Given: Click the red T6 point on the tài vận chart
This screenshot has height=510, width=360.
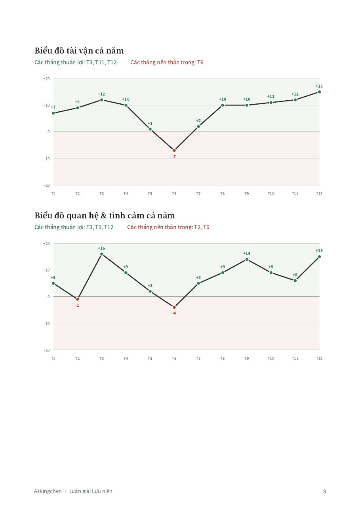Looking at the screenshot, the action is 174,150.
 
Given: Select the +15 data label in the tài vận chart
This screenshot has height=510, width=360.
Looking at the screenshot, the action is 319,86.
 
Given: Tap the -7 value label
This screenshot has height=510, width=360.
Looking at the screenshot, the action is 174,157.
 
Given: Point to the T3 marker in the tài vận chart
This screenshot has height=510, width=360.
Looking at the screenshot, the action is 102,100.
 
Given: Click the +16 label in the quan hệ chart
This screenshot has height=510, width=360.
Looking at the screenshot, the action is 101,248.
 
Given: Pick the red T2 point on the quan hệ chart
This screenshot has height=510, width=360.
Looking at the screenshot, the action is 77,299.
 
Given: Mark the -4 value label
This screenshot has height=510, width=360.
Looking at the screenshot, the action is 174,313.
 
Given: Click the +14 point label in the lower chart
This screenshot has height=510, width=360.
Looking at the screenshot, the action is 246,253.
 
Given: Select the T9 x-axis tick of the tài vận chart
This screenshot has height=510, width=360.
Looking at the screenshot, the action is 246,193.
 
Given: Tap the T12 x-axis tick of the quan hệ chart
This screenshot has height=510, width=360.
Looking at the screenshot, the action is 319,358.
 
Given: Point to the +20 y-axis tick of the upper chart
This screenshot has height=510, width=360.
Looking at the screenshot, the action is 46,79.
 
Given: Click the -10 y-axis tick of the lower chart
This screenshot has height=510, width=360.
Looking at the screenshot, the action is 47,323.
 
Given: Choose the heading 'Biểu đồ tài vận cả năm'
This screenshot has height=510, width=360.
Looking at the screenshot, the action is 79,51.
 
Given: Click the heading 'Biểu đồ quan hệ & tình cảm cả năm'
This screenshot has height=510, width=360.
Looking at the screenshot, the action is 105,216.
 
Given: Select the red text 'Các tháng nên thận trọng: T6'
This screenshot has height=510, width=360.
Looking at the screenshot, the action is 167,62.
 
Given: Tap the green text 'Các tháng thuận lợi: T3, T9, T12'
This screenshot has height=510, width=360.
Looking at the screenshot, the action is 74,227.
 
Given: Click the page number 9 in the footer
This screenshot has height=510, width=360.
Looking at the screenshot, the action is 324,491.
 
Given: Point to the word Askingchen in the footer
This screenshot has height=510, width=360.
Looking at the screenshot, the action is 48,491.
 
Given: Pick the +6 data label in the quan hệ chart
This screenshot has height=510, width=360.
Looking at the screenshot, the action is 295,275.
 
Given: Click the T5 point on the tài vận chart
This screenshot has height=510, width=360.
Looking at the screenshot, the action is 150,129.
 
